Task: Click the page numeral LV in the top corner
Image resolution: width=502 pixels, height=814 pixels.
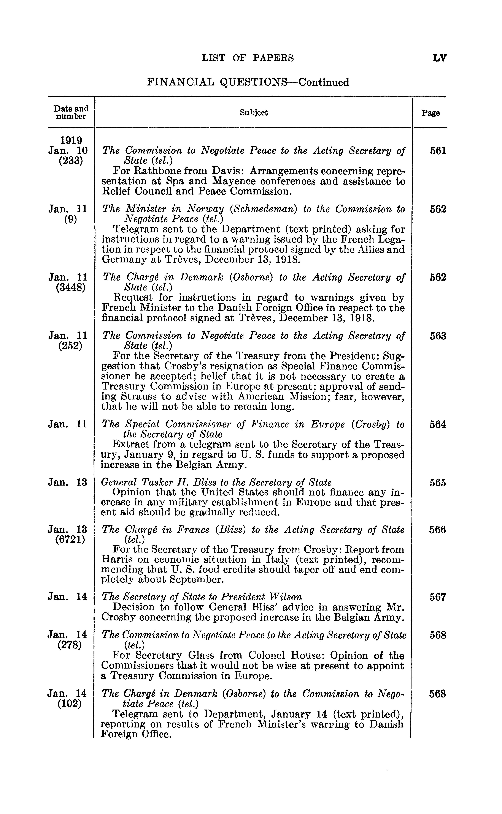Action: coord(440,58)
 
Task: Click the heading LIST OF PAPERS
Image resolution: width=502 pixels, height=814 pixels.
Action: coord(248,58)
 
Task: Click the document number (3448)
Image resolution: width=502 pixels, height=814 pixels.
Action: coord(71,287)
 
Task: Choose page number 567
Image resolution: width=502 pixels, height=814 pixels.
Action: coord(438,597)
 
